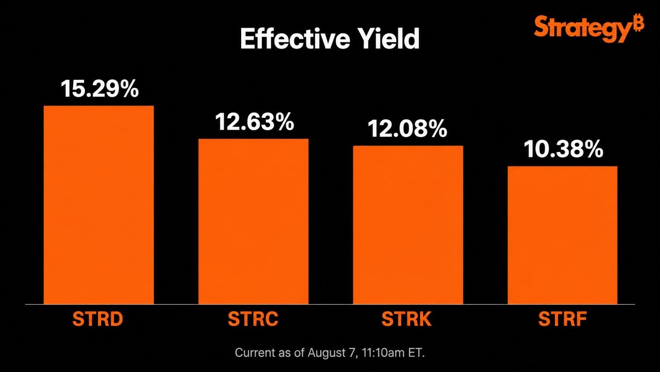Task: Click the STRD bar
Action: point(99,205)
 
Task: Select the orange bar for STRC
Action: point(253,221)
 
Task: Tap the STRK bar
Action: point(408,225)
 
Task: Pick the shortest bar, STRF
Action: point(562,235)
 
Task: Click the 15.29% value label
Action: point(99,89)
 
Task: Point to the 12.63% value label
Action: point(255,121)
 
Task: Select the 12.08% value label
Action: point(407,128)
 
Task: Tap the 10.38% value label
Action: point(563,149)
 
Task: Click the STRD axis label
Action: point(97,319)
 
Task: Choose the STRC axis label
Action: point(253,319)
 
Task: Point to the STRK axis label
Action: point(407,319)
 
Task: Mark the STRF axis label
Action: point(562,319)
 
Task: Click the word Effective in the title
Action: point(295,38)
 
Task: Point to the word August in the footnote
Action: point(327,353)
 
